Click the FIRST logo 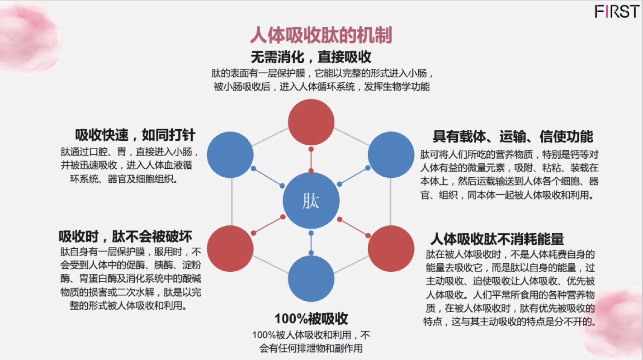click(x=617, y=12)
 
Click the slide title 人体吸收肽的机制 click(x=321, y=35)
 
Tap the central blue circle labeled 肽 click(x=311, y=201)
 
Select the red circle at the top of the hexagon click(x=311, y=122)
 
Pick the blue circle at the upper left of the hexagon click(x=230, y=155)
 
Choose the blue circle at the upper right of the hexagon click(x=391, y=155)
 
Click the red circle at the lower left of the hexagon click(x=230, y=249)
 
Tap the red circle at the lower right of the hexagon click(x=391, y=249)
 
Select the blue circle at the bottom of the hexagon click(x=311, y=279)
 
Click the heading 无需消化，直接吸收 click(x=311, y=57)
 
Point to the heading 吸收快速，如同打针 click(x=135, y=135)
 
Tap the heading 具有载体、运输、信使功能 click(x=513, y=137)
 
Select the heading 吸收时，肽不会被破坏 click(x=125, y=237)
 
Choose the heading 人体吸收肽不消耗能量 click(x=497, y=239)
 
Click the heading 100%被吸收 click(x=311, y=319)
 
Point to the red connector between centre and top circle click(x=311, y=160)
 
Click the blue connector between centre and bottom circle click(x=311, y=243)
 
